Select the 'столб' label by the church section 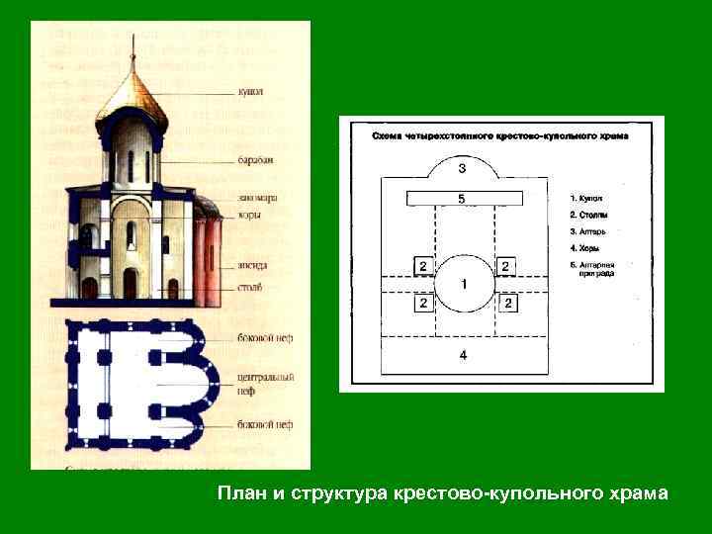[249, 288]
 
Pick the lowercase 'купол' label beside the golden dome [249, 92]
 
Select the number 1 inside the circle [463, 284]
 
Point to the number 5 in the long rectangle [461, 199]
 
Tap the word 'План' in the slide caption [239, 492]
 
